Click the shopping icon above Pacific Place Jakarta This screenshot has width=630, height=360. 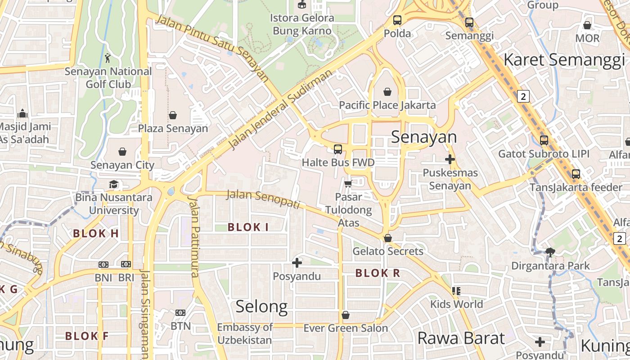point(387,92)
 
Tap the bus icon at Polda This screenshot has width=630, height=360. point(397,20)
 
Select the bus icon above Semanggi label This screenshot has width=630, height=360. point(469,22)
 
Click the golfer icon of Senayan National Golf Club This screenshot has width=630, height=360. point(108,58)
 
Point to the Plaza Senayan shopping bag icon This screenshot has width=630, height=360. point(173,115)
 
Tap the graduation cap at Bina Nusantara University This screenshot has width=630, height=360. point(113,184)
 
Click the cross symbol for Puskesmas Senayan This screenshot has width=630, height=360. point(450,159)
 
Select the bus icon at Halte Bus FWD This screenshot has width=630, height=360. point(338,149)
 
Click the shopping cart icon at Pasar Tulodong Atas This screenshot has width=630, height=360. point(348,184)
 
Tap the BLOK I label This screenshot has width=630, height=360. point(248,227)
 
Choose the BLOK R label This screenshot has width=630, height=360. point(378,273)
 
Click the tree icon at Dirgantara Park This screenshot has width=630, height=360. point(550,252)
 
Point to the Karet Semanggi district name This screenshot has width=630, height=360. point(564,60)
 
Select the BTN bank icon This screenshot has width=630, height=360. point(180,312)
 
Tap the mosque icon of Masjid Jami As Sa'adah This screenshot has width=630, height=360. point(22,113)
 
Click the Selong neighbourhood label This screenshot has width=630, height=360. point(261,306)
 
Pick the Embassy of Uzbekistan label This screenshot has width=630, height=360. point(245,333)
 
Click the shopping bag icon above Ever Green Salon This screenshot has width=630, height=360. point(346,315)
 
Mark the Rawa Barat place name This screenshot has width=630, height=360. point(461,338)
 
